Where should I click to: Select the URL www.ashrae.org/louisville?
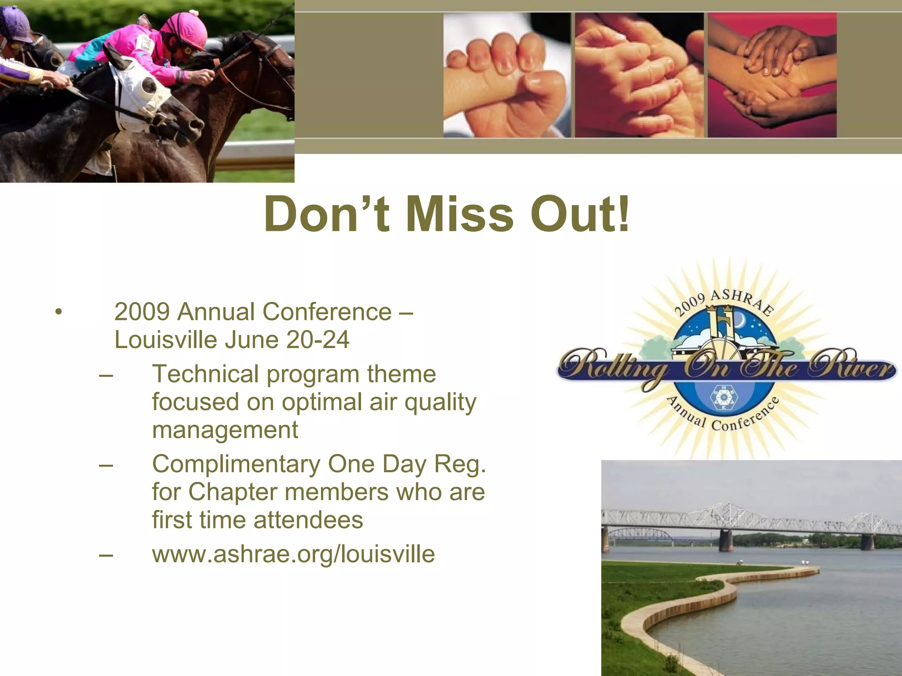click(293, 554)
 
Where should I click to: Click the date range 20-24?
click(318, 340)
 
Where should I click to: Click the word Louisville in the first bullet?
click(166, 340)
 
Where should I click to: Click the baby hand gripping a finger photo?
click(506, 75)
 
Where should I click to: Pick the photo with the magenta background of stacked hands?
click(772, 75)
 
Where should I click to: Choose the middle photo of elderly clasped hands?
click(639, 75)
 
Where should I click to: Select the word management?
click(225, 430)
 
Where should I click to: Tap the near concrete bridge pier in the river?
click(725, 540)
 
